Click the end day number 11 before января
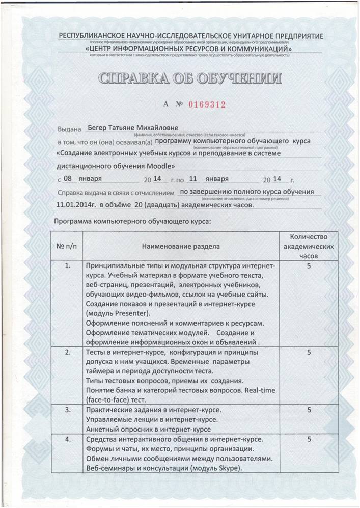[193, 179]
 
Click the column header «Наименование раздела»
[181, 246]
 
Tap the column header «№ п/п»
[67, 246]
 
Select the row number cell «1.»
[67, 266]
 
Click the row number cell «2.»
[67, 353]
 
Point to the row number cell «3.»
[67, 410]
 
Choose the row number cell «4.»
[67, 439]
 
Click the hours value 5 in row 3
[309, 410]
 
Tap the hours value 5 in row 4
[309, 439]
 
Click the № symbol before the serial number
[179, 104]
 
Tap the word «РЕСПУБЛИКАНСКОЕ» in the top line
[94, 36]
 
